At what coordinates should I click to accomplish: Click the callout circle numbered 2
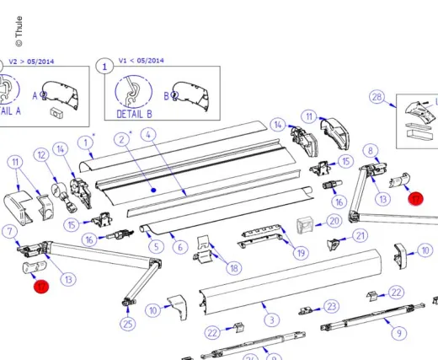(x=122, y=138)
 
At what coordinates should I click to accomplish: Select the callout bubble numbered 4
(x=147, y=134)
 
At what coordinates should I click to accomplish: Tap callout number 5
(x=156, y=246)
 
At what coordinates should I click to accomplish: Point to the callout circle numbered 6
(x=179, y=247)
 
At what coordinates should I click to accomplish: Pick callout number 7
(x=9, y=231)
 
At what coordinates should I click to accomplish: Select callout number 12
(x=41, y=154)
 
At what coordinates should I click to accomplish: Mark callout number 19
(x=301, y=252)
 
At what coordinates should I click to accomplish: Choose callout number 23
(x=332, y=306)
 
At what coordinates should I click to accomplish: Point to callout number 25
(x=127, y=324)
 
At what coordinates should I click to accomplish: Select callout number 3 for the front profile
(x=270, y=320)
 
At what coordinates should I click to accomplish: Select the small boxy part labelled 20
(x=304, y=223)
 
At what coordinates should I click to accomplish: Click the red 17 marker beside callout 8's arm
(x=415, y=199)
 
